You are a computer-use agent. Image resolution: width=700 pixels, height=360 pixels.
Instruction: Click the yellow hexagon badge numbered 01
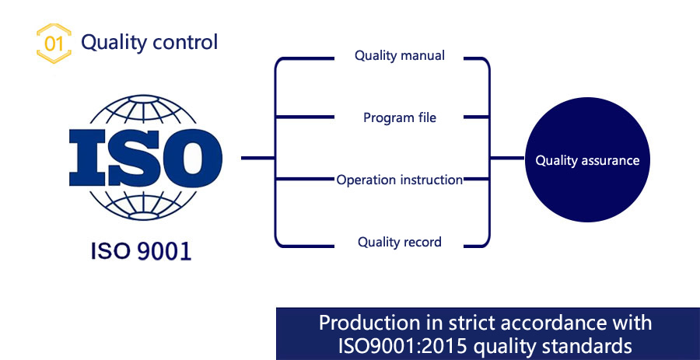point(54,44)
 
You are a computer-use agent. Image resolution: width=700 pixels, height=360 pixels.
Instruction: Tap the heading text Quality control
point(149,42)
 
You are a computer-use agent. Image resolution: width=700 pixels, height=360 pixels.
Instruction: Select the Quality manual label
point(400,56)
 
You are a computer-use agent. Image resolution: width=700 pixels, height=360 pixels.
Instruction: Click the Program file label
point(400,117)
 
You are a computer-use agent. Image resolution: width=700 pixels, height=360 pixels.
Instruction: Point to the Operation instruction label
point(400,180)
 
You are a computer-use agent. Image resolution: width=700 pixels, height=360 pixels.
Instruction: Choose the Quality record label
point(400,242)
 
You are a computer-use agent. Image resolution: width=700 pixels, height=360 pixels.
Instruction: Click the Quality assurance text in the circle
point(587,161)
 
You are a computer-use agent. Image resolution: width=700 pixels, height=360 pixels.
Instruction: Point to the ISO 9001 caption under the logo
point(141,251)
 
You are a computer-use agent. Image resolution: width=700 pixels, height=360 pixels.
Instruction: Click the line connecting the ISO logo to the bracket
point(258,158)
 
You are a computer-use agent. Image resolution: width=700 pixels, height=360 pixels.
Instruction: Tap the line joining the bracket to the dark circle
point(507,158)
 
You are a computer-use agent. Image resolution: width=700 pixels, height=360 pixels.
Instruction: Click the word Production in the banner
point(366,323)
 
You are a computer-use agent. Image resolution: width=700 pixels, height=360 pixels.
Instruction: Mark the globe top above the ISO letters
point(143,111)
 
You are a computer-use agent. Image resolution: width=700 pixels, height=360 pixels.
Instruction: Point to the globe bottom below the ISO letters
point(143,204)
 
